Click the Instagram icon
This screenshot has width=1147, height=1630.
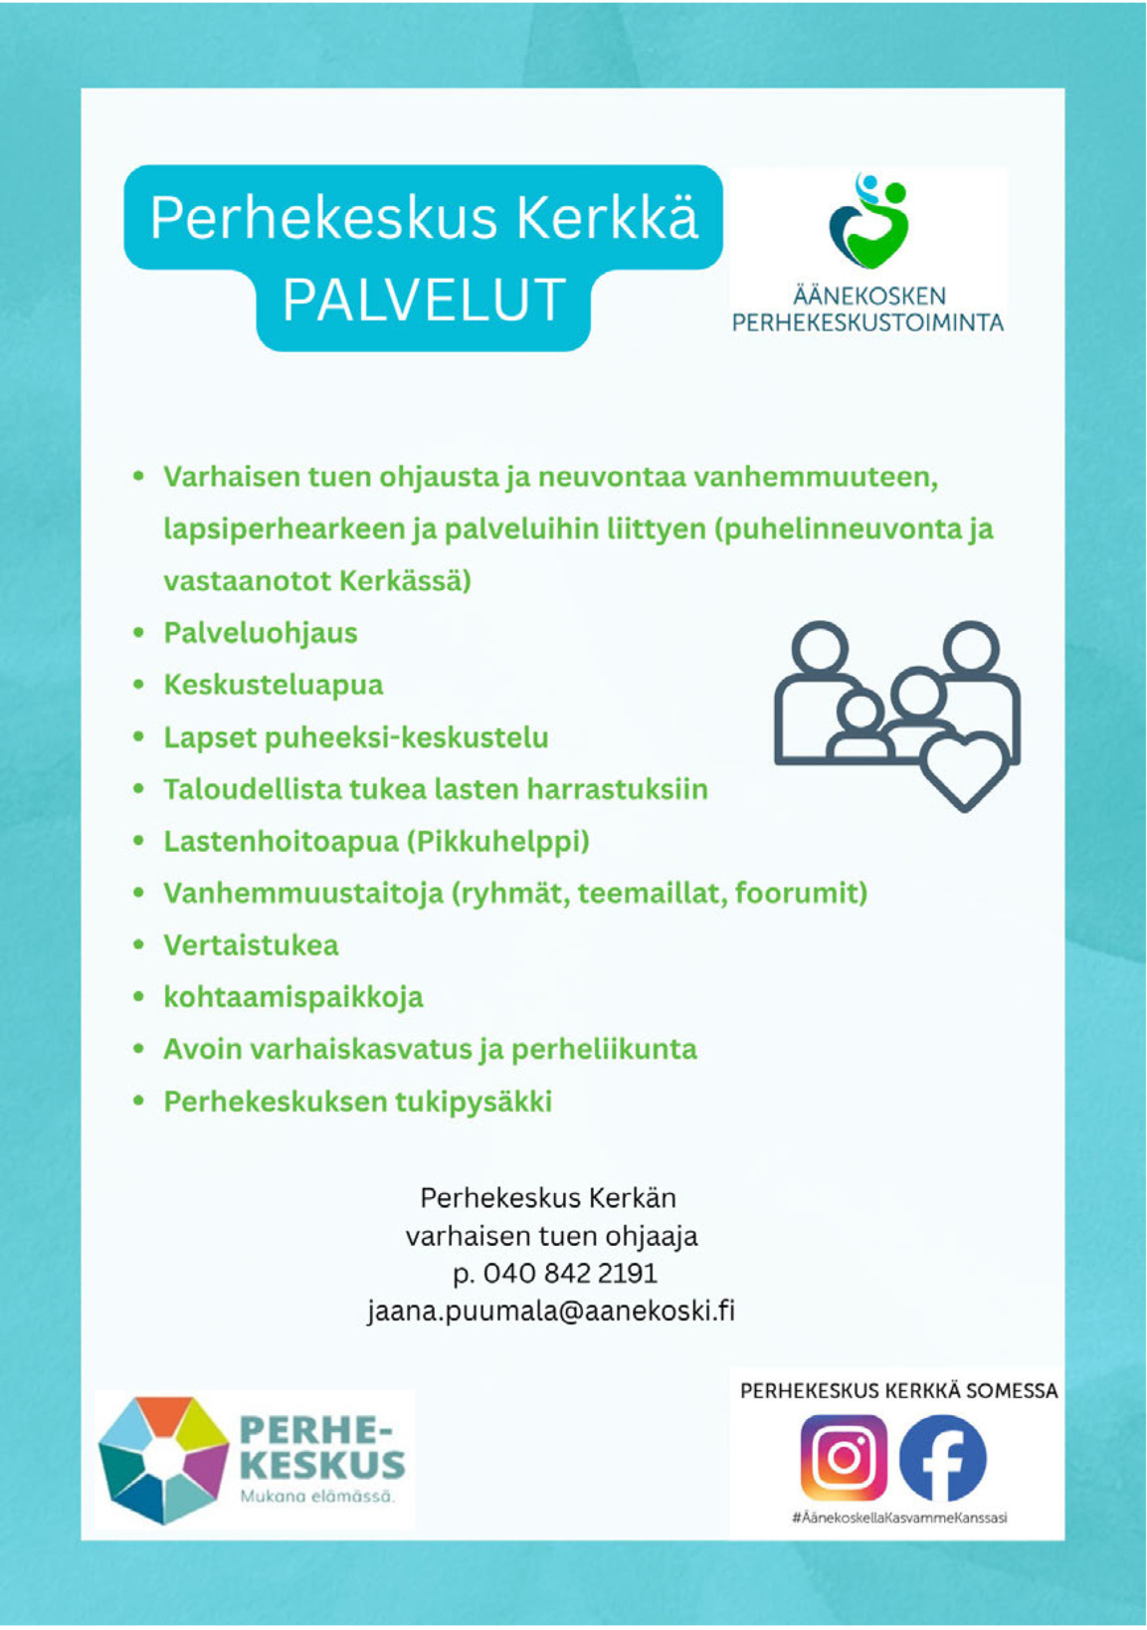click(x=844, y=1458)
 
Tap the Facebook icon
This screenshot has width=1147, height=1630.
click(x=942, y=1458)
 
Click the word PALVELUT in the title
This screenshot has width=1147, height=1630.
click(x=424, y=300)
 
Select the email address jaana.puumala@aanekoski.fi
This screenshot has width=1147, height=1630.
click(x=550, y=1311)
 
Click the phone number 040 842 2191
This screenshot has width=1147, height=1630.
click(x=569, y=1273)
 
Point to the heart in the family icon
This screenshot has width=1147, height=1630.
click(x=964, y=770)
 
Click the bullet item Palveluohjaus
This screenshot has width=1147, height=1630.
click(x=261, y=633)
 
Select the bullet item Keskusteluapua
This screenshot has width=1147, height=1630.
click(x=274, y=685)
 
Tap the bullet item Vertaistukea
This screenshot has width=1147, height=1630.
click(x=251, y=944)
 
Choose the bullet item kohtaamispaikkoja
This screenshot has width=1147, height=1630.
click(x=293, y=996)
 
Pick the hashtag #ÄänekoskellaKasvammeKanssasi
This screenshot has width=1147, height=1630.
click(x=899, y=1518)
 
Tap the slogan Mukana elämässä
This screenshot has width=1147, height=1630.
click(x=317, y=1497)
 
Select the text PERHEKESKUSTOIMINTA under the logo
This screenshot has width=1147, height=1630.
click(x=867, y=322)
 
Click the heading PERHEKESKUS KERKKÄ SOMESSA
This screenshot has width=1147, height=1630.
click(x=898, y=1391)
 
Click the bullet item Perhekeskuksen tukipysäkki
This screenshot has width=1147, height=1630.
click(x=357, y=1102)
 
